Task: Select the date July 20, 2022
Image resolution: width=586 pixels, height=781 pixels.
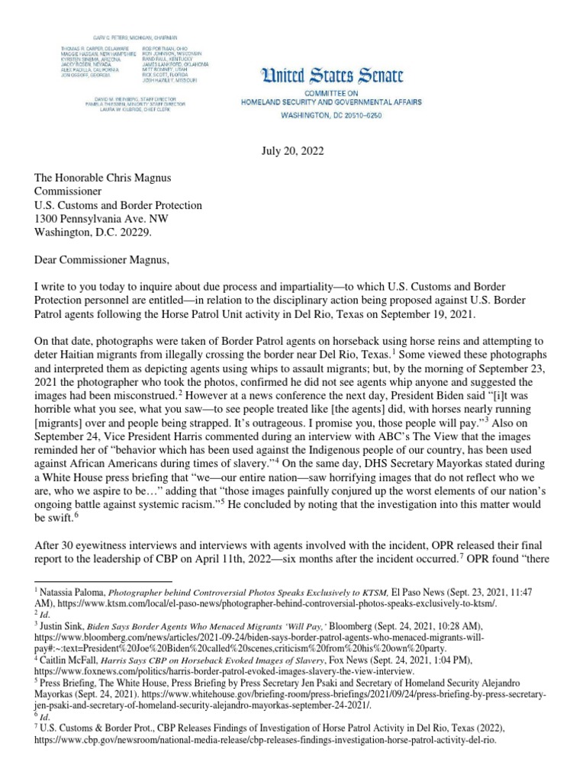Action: point(293,151)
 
